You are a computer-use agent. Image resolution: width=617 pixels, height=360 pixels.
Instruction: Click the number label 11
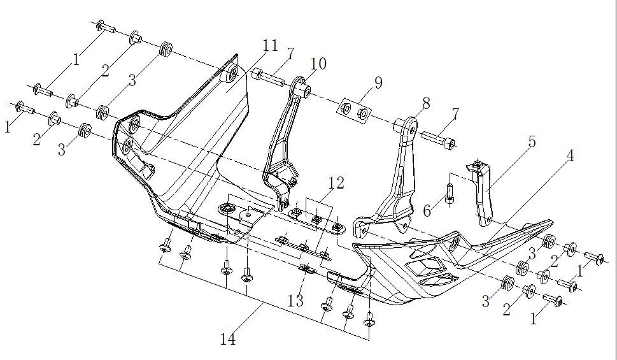pos(270,46)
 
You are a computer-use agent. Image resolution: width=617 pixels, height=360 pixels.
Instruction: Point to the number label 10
pos(318,64)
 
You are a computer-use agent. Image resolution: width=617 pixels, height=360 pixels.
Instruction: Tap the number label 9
pos(378,82)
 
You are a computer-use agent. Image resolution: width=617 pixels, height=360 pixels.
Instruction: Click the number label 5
pos(531,141)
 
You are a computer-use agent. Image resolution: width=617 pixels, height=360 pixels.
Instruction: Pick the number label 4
pos(570,155)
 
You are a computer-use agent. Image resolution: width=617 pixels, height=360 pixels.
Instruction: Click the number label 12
pos(336,184)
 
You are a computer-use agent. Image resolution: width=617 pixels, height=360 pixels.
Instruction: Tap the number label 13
pos(295,300)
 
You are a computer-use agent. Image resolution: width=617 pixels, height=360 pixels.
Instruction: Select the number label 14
pos(227,340)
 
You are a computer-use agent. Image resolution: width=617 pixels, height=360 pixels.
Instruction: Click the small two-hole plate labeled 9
pos(355,112)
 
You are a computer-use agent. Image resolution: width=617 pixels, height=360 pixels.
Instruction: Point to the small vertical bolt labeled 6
pos(450,192)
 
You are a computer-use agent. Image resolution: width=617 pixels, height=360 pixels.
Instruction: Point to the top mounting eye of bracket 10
pos(304,89)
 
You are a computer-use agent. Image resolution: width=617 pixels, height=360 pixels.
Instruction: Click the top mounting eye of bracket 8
pos(406,126)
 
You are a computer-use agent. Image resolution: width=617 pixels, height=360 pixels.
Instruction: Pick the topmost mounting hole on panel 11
pos(230,72)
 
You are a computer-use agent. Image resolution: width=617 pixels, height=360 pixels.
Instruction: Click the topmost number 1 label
pos(76,60)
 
